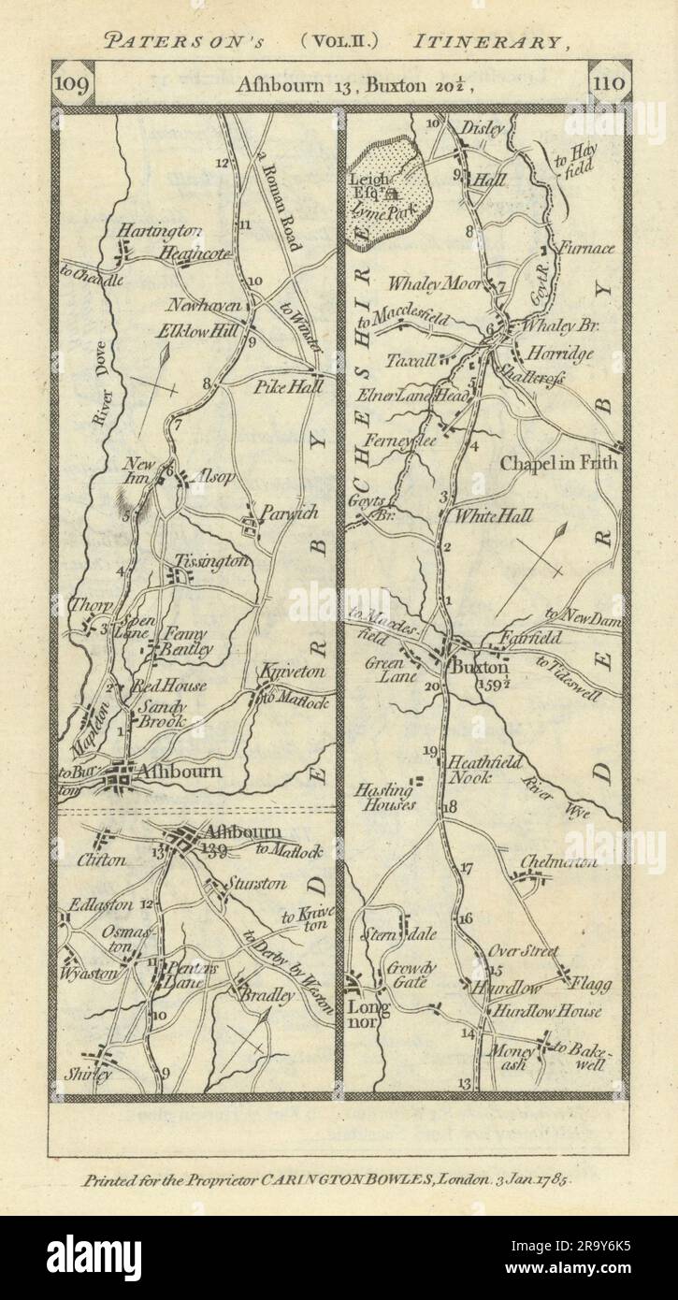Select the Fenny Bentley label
click(188, 640)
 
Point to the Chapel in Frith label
click(559, 461)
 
